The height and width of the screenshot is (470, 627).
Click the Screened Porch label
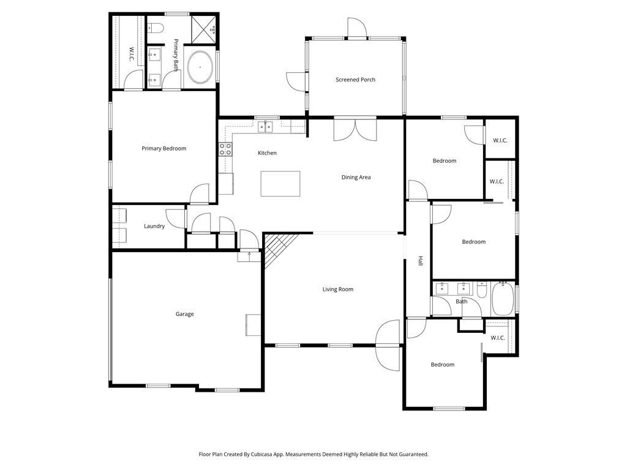point(355,80)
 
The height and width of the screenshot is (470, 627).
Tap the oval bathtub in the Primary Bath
point(200,67)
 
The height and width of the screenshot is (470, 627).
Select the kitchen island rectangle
point(280,184)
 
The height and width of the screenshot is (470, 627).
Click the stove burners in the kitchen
point(225,149)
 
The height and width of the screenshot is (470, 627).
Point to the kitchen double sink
point(265,127)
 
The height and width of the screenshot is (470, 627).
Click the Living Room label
point(338,289)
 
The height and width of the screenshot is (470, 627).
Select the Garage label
point(184,314)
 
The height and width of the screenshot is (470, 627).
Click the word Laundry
point(154,226)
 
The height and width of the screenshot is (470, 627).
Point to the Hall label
point(421,261)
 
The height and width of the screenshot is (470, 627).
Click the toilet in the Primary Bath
point(156,28)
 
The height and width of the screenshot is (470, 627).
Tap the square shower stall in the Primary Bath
point(203,29)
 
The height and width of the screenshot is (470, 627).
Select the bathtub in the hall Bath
point(503,299)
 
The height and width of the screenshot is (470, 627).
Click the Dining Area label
point(356,177)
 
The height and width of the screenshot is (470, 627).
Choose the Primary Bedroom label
point(164,148)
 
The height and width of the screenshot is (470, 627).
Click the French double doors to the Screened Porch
point(355,129)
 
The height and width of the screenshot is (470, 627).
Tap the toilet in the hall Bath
point(481,289)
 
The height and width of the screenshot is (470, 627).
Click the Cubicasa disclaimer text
point(313,454)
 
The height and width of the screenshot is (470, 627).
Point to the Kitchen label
point(267,152)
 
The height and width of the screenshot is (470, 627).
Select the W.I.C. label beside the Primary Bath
point(131,54)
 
